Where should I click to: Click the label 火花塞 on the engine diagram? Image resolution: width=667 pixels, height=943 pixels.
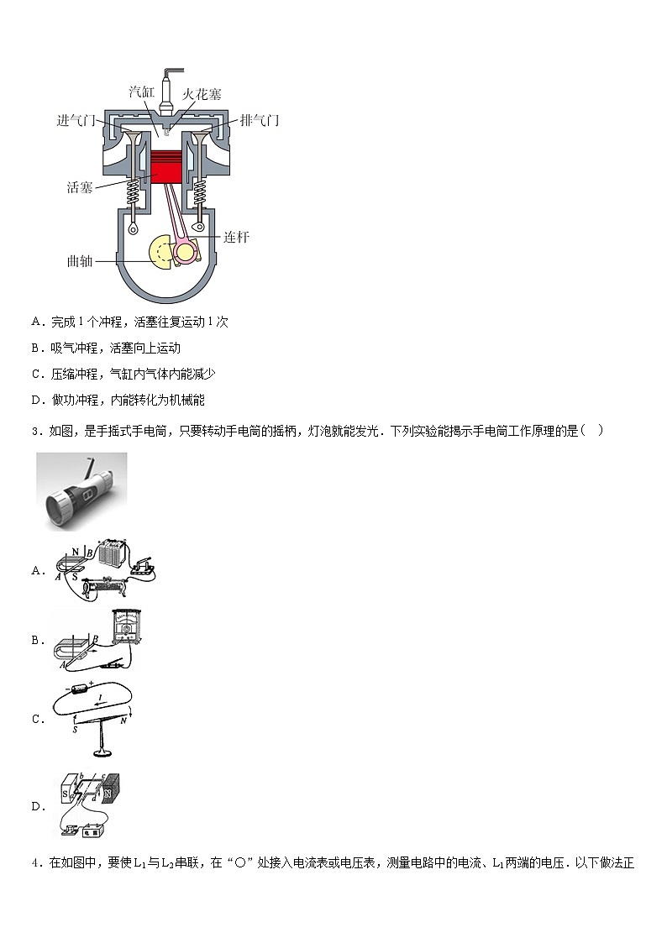pos(202,94)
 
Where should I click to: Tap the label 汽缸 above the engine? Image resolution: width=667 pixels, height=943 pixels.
pos(142,92)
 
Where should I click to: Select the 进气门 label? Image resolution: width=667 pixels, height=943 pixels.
pos(76,120)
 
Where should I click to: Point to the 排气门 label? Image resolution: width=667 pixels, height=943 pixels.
pos(260,120)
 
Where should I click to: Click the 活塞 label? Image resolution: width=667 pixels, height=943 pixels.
pos(80,186)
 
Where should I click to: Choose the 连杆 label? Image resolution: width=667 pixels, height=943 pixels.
pos(236,237)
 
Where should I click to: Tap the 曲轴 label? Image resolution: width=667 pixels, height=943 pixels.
pos(80,260)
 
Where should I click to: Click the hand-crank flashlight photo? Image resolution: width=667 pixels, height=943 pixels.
pos(81,491)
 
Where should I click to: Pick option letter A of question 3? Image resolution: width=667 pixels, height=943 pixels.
pos(37,571)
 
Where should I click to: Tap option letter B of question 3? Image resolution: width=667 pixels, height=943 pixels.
pos(37,641)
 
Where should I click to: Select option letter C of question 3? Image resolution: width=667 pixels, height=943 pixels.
pos(37,719)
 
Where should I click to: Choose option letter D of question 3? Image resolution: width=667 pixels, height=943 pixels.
pos(37,807)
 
